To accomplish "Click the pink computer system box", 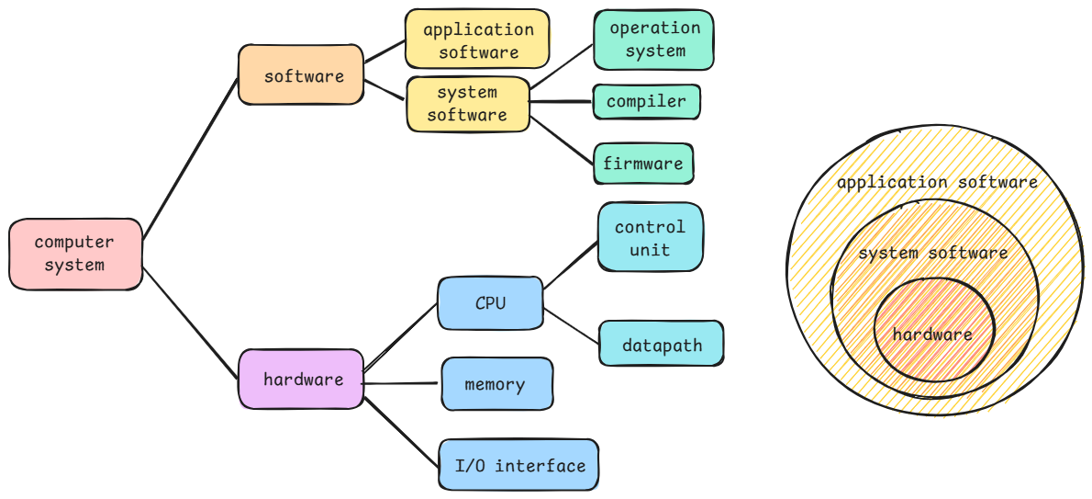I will click(x=75, y=254).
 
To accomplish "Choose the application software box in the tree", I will click(x=477, y=40).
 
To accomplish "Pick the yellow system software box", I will click(x=468, y=104).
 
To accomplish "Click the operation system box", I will click(x=653, y=40).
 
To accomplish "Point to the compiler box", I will click(x=646, y=102).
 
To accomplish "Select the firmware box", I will click(x=642, y=164).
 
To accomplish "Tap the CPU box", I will click(x=490, y=303).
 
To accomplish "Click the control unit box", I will click(x=650, y=238).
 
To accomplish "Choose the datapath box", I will click(x=661, y=346).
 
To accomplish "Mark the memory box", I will click(x=496, y=384).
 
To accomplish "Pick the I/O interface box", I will click(x=519, y=466).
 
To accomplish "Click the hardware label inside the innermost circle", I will click(x=931, y=335).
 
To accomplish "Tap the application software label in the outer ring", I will click(x=936, y=184).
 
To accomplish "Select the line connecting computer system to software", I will click(x=191, y=154).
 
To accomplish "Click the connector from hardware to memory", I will click(x=402, y=382).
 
